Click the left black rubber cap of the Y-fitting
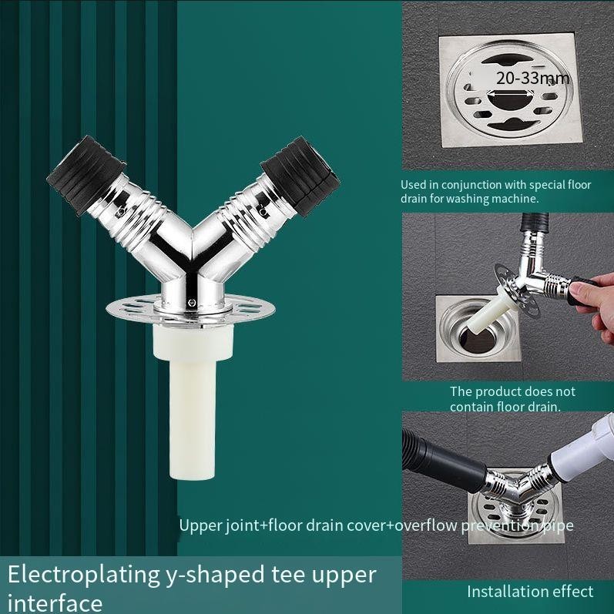coord(86,175)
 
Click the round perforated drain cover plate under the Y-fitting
coord(190,308)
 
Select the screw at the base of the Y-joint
coord(192,302)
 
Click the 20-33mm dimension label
coord(532,79)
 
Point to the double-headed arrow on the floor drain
coord(511,93)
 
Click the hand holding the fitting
coord(592,302)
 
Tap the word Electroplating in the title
coord(84,575)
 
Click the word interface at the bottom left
coord(55,603)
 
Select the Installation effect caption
coord(530,592)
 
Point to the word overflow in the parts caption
coord(426,525)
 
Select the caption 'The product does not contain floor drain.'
coord(512,399)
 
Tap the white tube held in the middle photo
coord(487,314)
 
